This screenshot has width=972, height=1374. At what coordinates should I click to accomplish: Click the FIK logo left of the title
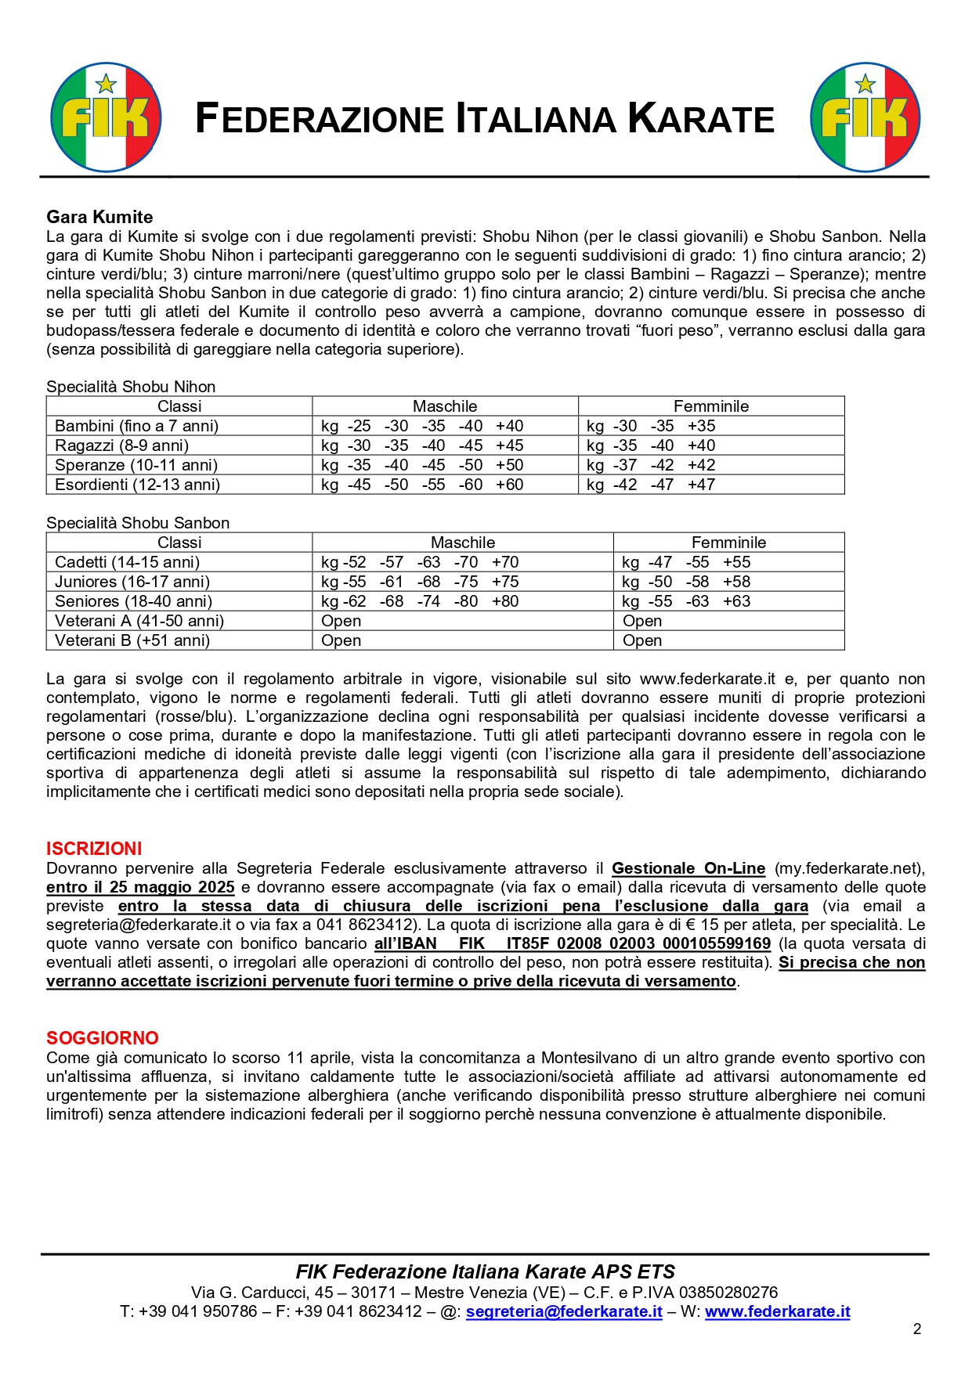coord(106,117)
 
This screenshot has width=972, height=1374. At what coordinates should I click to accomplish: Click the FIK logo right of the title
coord(865,117)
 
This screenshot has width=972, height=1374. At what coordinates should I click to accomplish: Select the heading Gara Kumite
coord(99,217)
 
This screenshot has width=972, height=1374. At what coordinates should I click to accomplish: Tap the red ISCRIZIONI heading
coord(94,849)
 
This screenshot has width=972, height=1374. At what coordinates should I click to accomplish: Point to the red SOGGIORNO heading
coord(103,1038)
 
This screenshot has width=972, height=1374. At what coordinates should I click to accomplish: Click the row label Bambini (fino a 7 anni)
coord(136,426)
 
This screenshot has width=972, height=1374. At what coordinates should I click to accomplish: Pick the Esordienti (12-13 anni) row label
coord(137,485)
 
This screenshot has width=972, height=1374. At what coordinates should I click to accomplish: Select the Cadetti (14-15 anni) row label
coord(127,562)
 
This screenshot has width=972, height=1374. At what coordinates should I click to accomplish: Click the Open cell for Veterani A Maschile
coord(341,621)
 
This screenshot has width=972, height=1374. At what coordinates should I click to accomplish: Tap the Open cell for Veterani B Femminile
coord(642,640)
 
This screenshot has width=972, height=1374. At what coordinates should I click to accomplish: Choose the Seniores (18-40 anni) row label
coord(133,601)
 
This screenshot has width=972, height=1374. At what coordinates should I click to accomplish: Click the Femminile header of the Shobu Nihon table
coord(711,406)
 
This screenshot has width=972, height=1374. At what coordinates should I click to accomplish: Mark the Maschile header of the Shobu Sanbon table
coord(463,543)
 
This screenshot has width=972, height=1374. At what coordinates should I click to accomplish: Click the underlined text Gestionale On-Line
coord(688,868)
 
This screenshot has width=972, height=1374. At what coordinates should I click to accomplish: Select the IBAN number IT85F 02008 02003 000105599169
coord(638,943)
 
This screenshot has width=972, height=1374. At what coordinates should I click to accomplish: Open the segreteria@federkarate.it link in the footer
coord(564,1311)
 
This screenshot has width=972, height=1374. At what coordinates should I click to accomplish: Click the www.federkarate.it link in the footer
coord(777,1311)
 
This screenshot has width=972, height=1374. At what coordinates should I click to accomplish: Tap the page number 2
coord(917,1329)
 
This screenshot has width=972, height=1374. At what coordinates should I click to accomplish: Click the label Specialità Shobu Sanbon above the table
coord(138,523)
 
